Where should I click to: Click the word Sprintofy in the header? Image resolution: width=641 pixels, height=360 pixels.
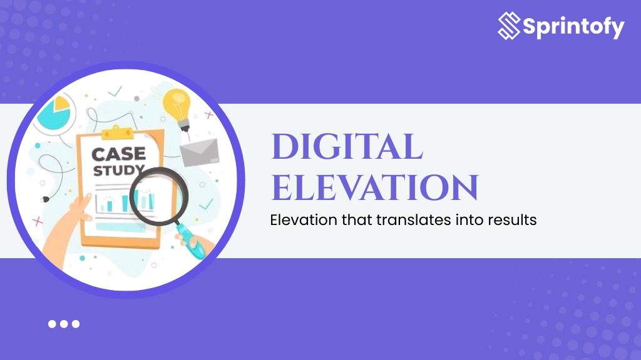point(572,27)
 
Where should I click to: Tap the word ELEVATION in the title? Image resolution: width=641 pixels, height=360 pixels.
point(374,187)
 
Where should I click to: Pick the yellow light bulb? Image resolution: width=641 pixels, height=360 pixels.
point(177,106)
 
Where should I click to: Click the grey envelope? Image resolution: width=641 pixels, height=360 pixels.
point(199,151)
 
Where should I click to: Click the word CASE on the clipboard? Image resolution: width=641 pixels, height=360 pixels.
point(118,153)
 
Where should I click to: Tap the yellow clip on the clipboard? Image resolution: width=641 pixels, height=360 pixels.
point(119,132)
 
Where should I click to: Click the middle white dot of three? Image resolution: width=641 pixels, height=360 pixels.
point(64,324)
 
